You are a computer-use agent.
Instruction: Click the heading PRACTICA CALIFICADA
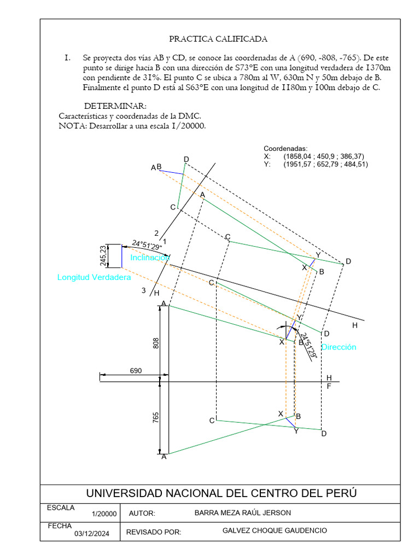(218, 39)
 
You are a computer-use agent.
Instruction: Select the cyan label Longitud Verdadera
(94, 278)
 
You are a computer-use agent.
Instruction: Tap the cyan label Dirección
(339, 347)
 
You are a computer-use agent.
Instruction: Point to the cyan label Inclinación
(150, 257)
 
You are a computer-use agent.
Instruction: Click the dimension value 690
(136, 371)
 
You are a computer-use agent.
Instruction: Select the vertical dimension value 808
(156, 343)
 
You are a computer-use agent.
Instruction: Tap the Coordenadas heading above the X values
(285, 149)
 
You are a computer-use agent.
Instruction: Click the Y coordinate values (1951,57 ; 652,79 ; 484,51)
(325, 164)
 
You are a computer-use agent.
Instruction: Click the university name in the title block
(221, 493)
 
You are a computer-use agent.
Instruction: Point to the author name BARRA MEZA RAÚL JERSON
(243, 513)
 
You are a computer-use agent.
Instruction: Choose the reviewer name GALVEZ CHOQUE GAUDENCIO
(275, 531)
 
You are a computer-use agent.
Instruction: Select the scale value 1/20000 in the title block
(104, 514)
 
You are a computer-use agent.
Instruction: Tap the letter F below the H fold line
(329, 386)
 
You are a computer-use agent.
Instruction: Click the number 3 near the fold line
(144, 291)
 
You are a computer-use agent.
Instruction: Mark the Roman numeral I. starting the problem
(68, 57)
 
